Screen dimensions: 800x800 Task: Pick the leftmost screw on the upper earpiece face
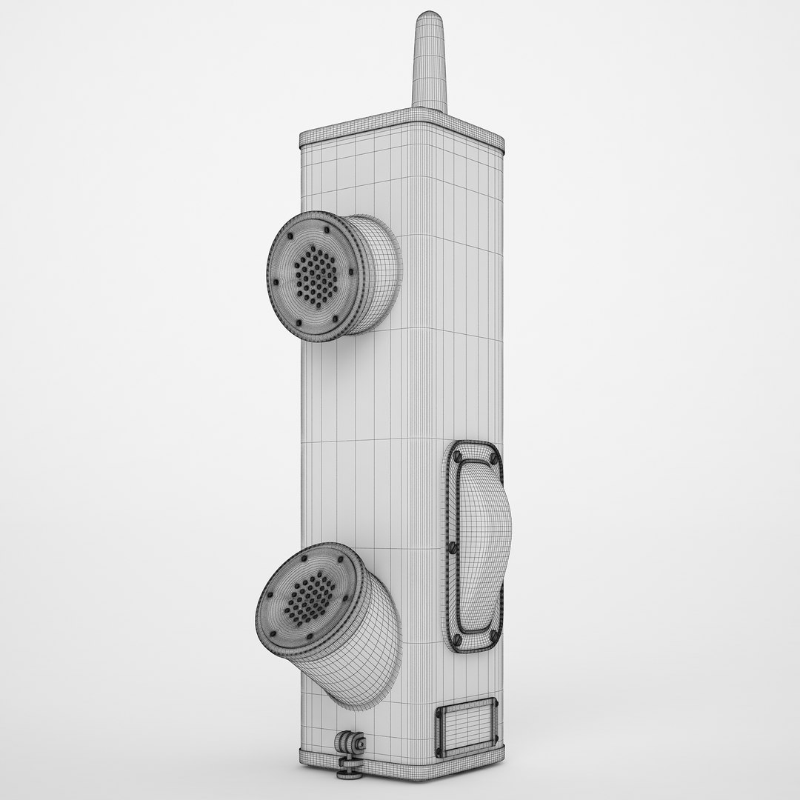(276, 281)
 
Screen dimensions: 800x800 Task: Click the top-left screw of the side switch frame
(458, 457)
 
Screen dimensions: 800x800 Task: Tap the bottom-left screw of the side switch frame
(456, 639)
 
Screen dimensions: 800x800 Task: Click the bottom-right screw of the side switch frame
(493, 636)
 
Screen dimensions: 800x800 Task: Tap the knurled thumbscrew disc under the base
(349, 773)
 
